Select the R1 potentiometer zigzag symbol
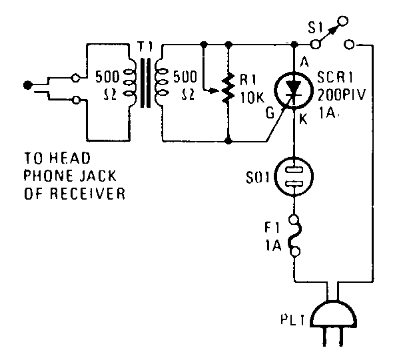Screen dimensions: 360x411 [x=228, y=89]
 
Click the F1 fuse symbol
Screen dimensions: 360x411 [x=294, y=234]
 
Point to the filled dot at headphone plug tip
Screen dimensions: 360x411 [x=26, y=85]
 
